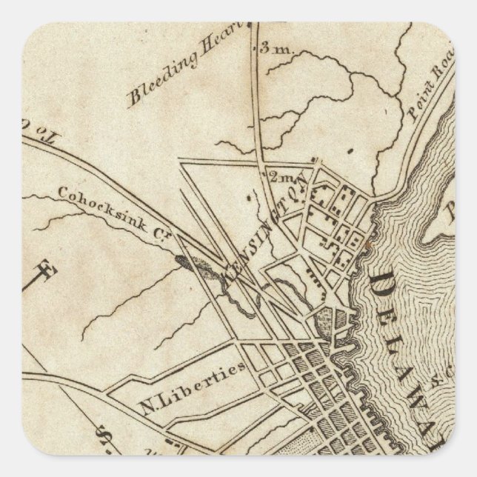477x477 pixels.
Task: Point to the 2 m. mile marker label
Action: point(281,178)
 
